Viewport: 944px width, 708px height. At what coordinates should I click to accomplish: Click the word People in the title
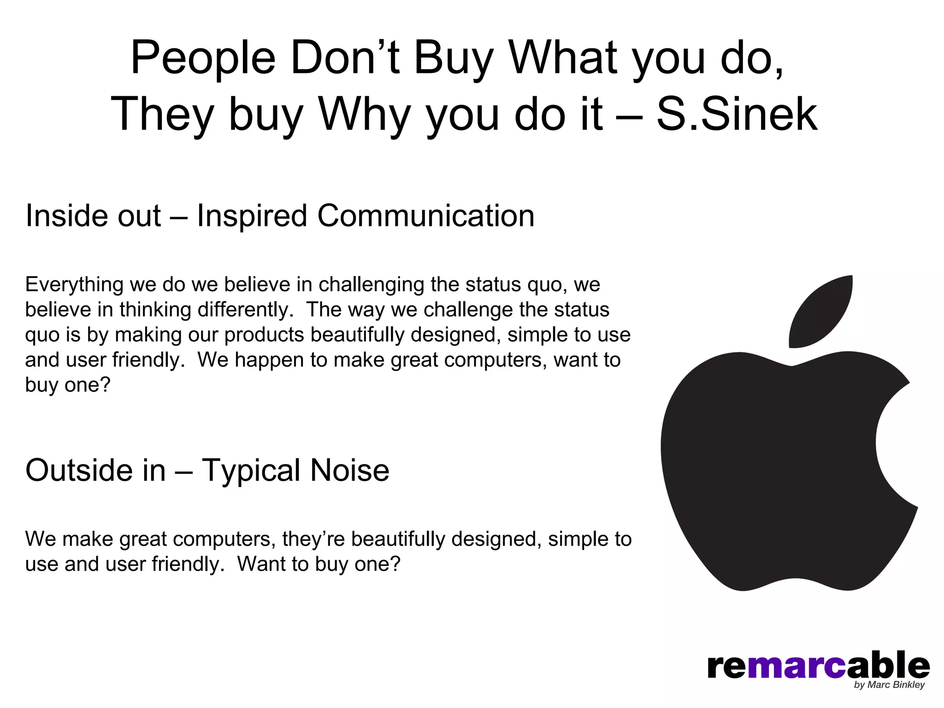(203, 59)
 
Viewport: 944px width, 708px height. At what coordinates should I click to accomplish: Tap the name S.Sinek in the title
(736, 114)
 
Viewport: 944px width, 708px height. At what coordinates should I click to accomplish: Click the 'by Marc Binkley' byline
(889, 685)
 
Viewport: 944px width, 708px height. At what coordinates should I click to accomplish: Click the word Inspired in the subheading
(252, 217)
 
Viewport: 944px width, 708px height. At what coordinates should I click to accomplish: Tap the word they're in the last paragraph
(313, 539)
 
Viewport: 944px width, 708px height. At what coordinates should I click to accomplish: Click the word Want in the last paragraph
(261, 564)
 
